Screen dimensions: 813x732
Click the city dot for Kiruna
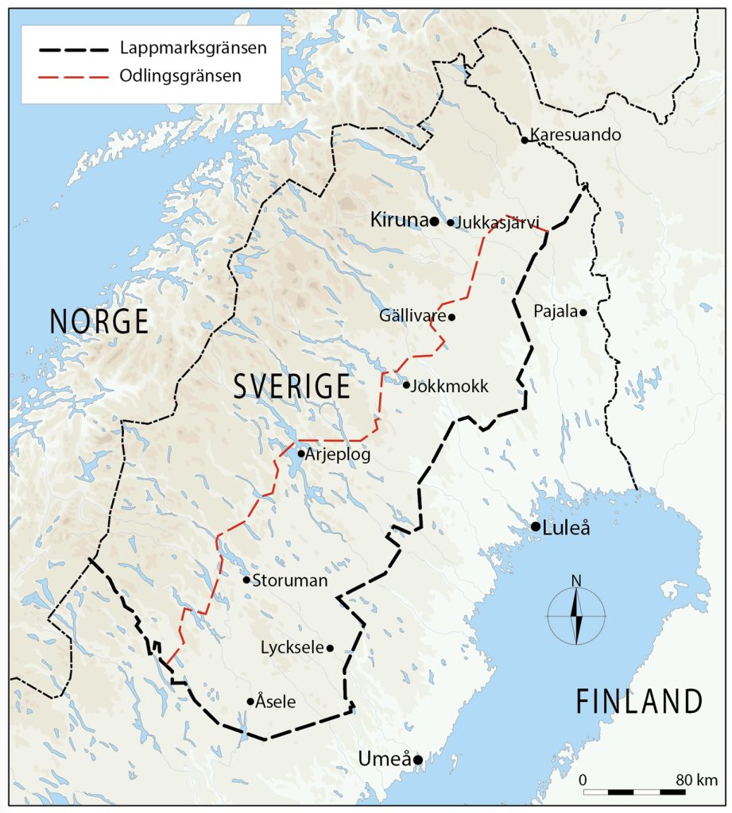435,221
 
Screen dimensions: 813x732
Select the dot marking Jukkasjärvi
451,223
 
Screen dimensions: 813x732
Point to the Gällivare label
412,316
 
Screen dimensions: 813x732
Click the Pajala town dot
583,312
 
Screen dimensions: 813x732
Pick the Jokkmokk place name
450,387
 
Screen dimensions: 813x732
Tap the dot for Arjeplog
301,454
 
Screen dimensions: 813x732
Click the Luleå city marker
536,526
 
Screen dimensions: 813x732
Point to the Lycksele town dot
330,648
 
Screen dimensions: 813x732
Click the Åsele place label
277,702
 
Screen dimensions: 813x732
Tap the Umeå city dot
417,760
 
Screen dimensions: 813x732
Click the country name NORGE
99,322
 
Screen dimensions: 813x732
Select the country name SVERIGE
292,387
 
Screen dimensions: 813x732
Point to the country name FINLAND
639,702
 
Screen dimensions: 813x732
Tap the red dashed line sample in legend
72,77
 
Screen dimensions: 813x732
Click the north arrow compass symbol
576,615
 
